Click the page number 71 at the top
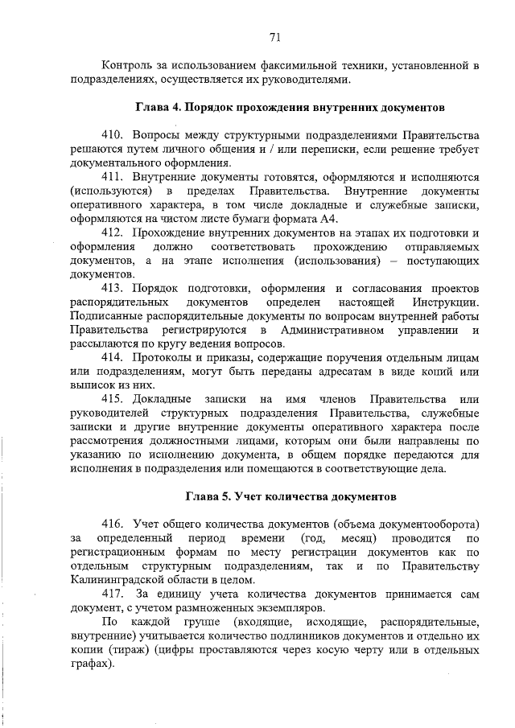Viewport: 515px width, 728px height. (274, 37)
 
